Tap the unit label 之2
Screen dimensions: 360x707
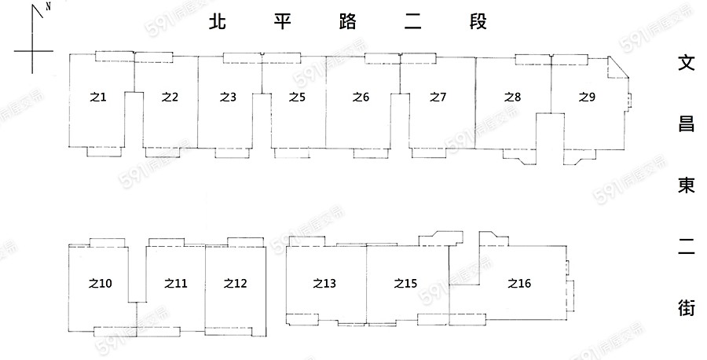170,97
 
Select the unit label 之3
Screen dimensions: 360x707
228,97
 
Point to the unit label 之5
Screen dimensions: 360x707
296,97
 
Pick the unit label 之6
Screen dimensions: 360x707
361,97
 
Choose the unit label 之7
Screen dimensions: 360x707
438,97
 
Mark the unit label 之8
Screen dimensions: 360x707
512,97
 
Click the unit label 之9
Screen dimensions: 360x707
587,97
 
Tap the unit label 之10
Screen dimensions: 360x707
101,284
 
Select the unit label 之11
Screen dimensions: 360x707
176,284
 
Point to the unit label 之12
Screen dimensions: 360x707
235,284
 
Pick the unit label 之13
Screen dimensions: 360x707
324,284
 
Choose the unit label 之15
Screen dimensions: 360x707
405,284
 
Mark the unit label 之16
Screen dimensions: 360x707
519,284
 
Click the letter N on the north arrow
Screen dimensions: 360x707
49,6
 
